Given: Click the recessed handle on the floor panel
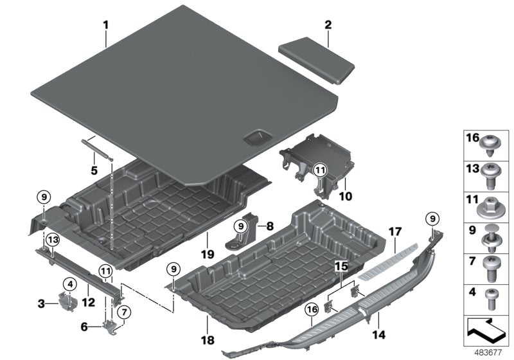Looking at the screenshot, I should point(254,136).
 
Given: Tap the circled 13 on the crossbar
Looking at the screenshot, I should point(52,240).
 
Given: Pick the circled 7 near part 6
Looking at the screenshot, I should point(125,312).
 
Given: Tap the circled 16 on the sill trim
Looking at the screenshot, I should point(313,310).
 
